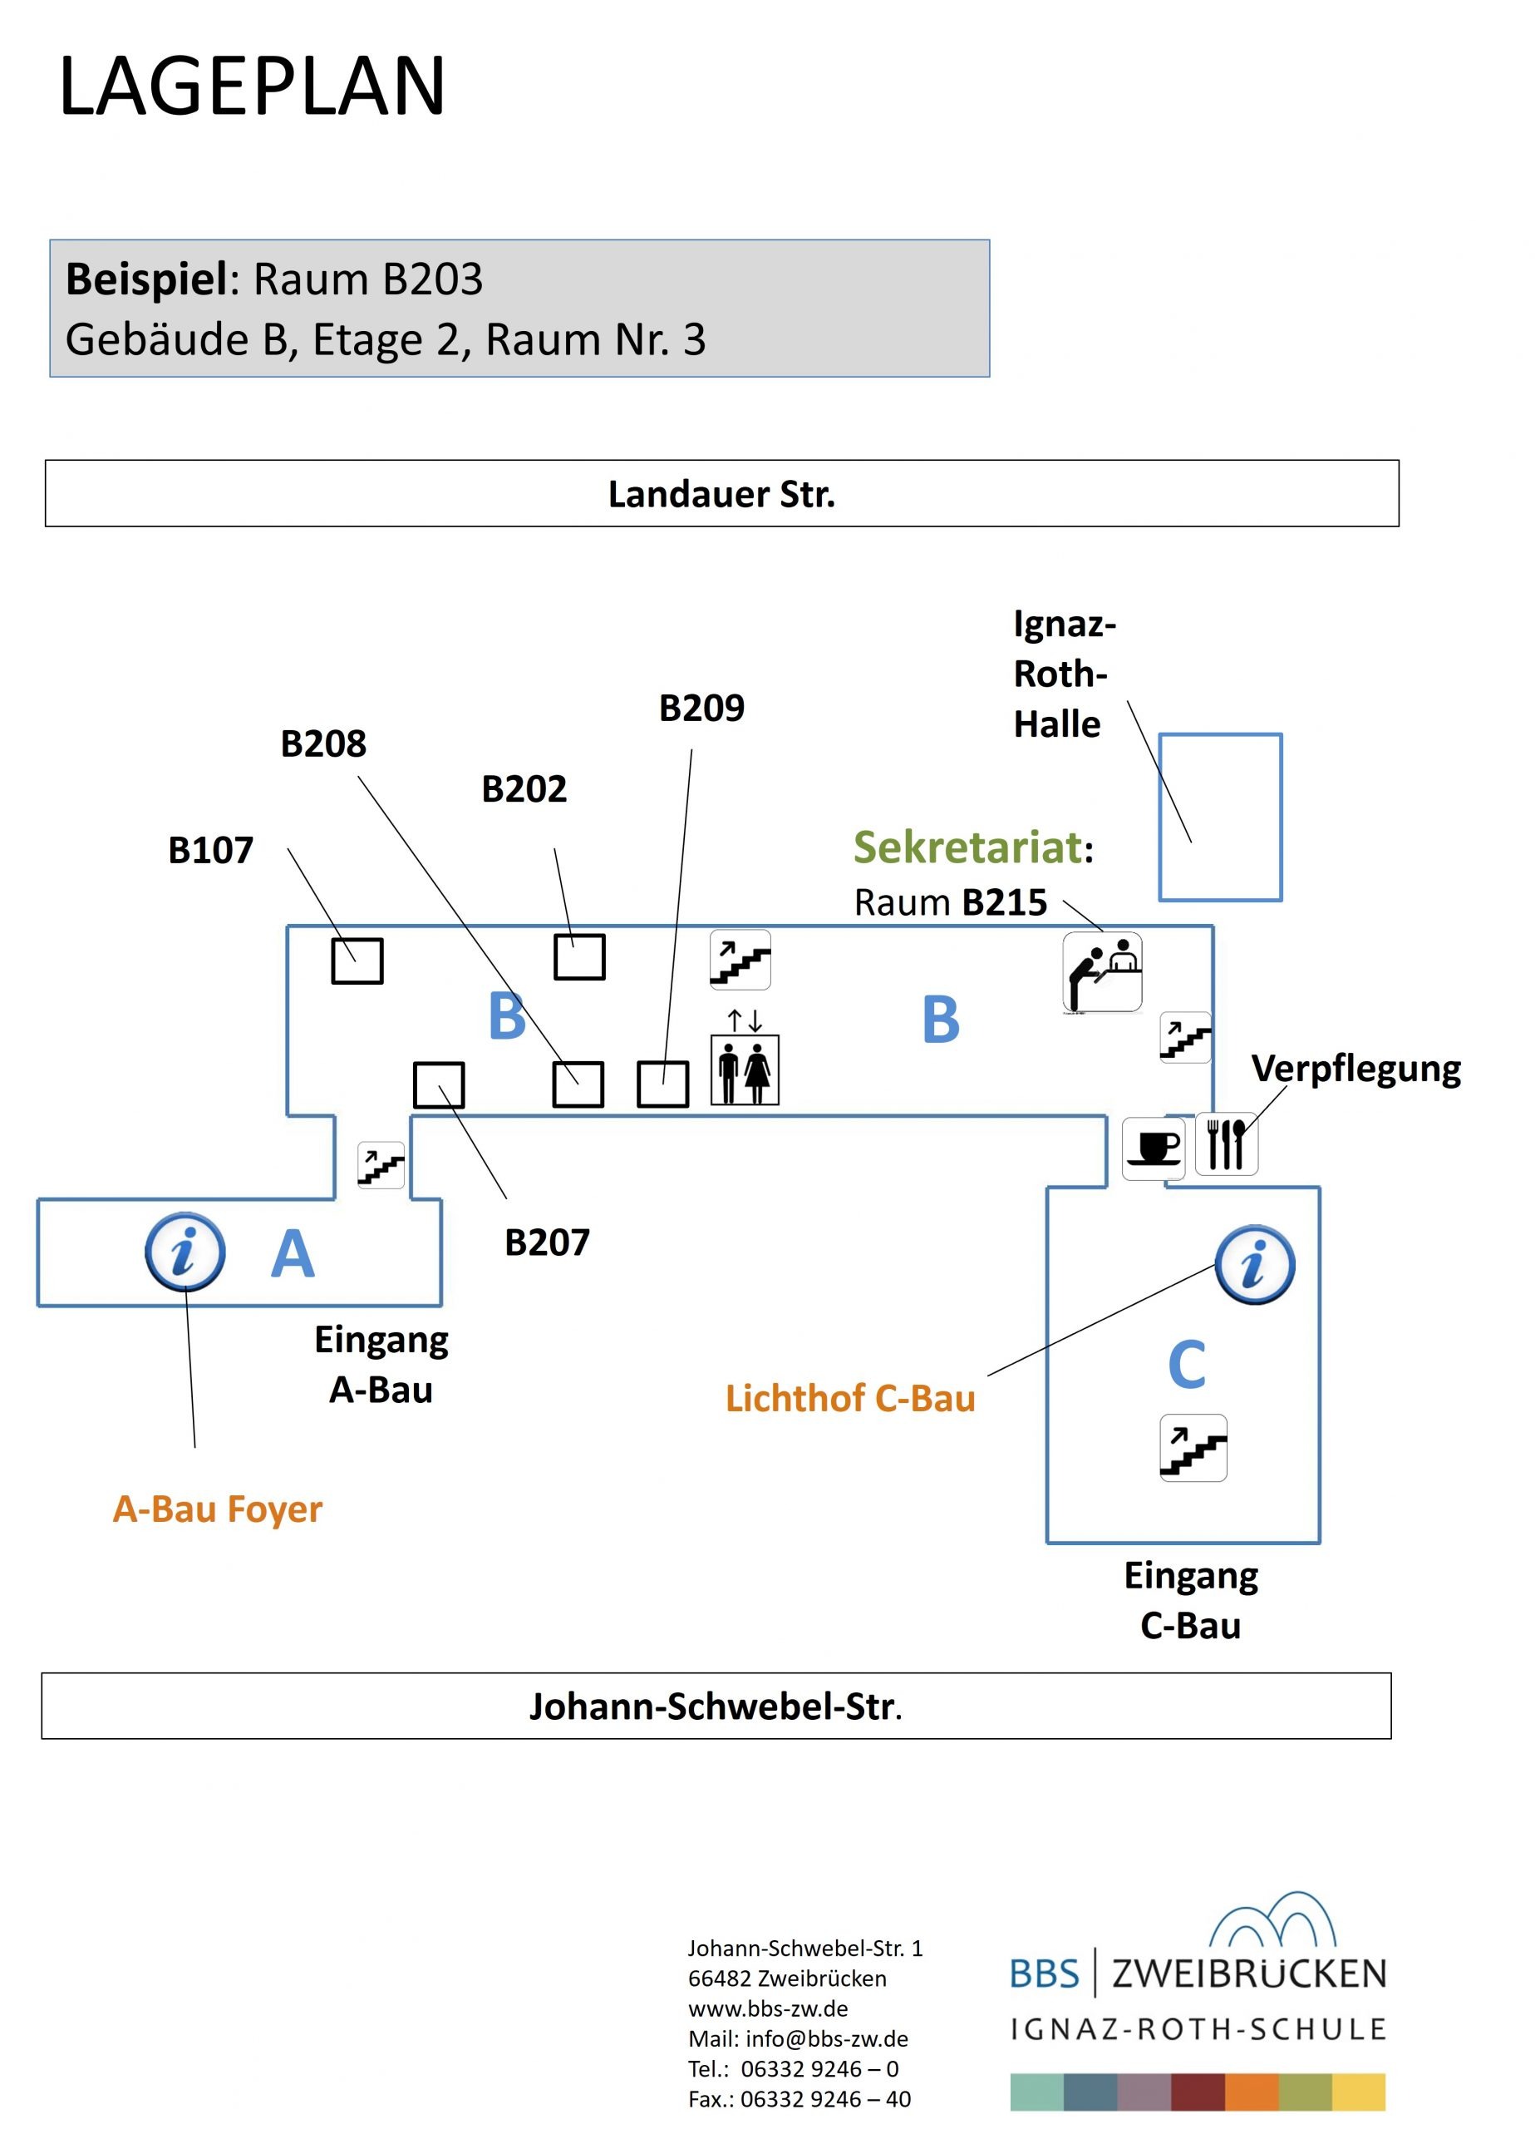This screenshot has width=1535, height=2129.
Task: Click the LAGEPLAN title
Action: pyautogui.click(x=252, y=86)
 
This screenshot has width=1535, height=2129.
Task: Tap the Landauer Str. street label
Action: pyautogui.click(x=721, y=495)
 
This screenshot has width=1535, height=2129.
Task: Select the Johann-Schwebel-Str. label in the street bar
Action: pyautogui.click(x=715, y=1706)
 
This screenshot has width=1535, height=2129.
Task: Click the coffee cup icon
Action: pyautogui.click(x=1154, y=1148)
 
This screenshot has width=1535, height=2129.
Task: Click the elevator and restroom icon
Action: pyautogui.click(x=744, y=1069)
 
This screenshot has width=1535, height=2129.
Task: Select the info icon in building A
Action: pyautogui.click(x=184, y=1252)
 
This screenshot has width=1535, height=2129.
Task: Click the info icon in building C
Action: pyautogui.click(x=1253, y=1264)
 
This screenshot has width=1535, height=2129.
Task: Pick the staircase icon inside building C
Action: pyautogui.click(x=1193, y=1448)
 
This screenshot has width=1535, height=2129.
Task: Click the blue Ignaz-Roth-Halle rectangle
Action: pyautogui.click(x=1220, y=817)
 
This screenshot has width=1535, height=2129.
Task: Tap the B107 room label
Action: pyautogui.click(x=210, y=851)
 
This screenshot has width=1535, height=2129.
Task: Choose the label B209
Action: pyautogui.click(x=701, y=708)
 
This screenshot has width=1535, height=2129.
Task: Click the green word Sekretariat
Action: pyautogui.click(x=967, y=847)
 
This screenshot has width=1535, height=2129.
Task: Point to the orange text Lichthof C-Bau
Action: pyautogui.click(x=849, y=1399)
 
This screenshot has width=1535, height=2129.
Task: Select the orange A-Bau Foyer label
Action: pyautogui.click(x=217, y=1509)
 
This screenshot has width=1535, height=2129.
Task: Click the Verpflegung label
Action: pyautogui.click(x=1355, y=1069)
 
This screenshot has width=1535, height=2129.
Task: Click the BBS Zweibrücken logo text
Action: pyautogui.click(x=1198, y=1973)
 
